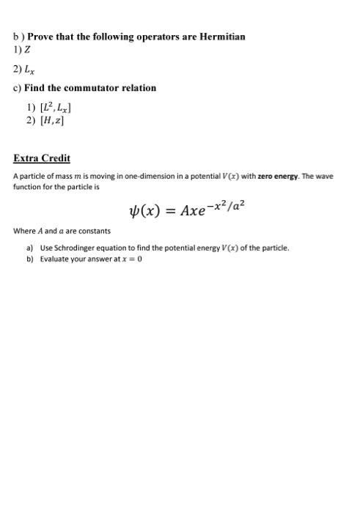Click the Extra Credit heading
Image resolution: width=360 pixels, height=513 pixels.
tap(42, 158)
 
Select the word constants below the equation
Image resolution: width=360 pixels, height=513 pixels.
tap(94, 231)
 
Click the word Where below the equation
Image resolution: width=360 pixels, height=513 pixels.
tap(24, 231)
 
